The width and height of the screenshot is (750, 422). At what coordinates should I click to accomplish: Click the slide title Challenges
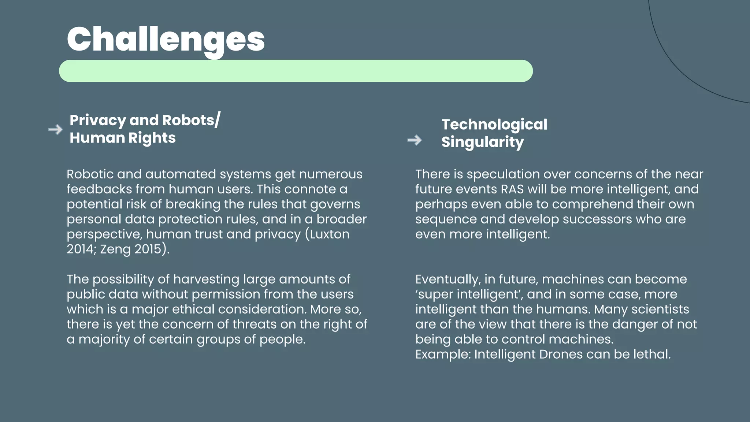click(x=166, y=40)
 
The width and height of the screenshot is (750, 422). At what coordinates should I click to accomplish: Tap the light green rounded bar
click(x=296, y=71)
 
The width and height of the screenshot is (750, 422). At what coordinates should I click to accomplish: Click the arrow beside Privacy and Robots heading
click(x=56, y=129)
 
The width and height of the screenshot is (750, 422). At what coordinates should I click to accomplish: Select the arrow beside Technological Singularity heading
click(x=415, y=140)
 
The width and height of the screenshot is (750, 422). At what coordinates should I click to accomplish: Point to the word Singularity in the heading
click(x=482, y=142)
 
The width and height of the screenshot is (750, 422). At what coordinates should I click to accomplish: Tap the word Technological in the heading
click(x=494, y=125)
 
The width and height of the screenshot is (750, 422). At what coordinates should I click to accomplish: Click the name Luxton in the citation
click(x=330, y=234)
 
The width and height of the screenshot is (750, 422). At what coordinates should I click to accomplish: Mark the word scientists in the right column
click(x=660, y=309)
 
